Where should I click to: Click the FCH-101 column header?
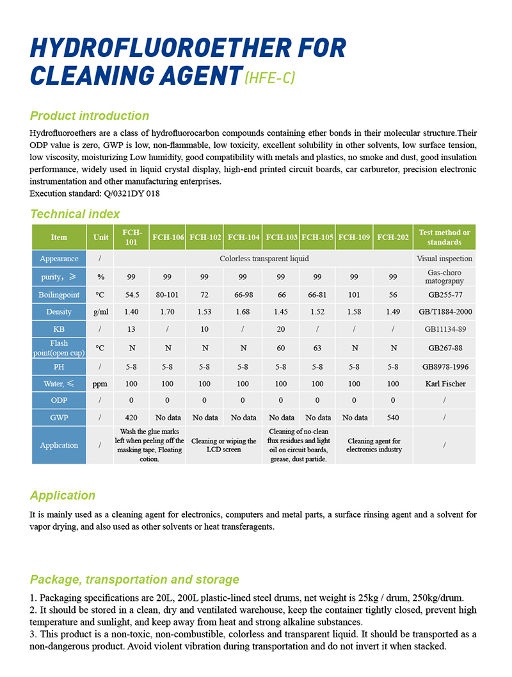point(131,237)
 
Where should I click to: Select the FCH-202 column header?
point(393,237)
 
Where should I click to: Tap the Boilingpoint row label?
point(59,294)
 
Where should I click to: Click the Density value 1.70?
point(167,312)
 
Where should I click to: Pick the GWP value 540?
point(393,418)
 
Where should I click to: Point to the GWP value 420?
point(131,418)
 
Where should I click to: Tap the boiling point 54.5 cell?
point(131,294)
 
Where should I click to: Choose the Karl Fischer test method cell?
point(444,384)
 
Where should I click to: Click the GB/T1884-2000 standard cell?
point(444,312)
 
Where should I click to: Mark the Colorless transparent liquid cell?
point(264,259)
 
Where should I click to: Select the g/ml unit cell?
point(100,312)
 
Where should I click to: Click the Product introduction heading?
point(90,116)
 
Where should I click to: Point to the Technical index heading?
point(75,214)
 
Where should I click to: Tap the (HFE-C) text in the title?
point(270,78)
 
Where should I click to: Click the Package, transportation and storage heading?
point(134,580)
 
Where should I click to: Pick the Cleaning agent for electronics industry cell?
point(374,445)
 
